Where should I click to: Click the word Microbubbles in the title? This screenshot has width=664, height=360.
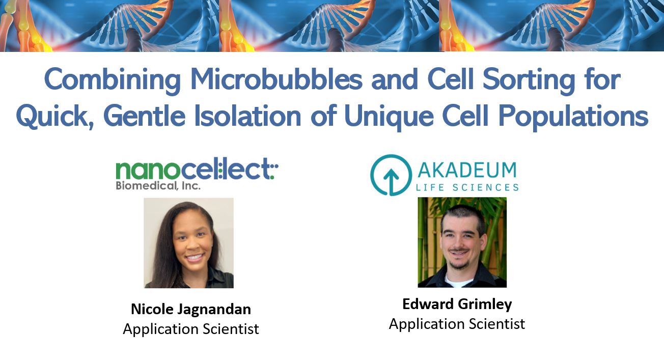276,79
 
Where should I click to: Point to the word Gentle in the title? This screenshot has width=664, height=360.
145,116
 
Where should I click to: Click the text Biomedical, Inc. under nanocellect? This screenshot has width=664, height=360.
158,186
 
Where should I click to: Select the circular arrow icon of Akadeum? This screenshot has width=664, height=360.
391,175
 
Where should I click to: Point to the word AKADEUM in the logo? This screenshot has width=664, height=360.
467,170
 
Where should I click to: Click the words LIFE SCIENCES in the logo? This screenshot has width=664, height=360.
467,187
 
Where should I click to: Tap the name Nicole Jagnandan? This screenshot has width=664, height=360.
191,309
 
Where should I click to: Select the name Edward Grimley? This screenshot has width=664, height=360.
457,304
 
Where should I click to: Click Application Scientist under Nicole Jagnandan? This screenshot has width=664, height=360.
191,329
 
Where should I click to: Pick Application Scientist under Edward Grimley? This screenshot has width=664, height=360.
457,324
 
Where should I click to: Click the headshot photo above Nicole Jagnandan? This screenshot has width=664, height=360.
188,243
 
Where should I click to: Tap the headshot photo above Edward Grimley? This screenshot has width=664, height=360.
462,242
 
